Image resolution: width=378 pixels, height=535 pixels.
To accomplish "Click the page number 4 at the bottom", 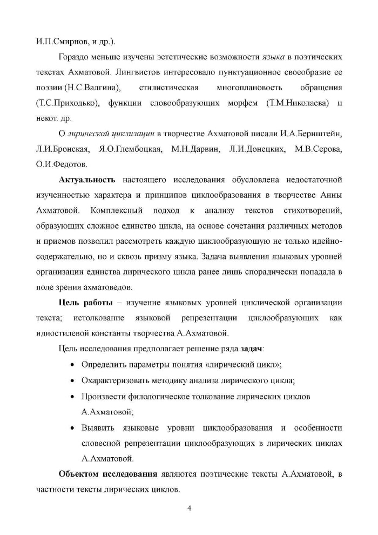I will [x=189, y=508].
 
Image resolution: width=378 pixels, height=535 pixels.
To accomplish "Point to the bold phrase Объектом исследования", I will [x=108, y=474].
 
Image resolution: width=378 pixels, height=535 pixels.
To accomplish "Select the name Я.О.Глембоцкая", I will [x=131, y=149].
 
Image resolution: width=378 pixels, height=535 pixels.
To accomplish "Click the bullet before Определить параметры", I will [x=72, y=365].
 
